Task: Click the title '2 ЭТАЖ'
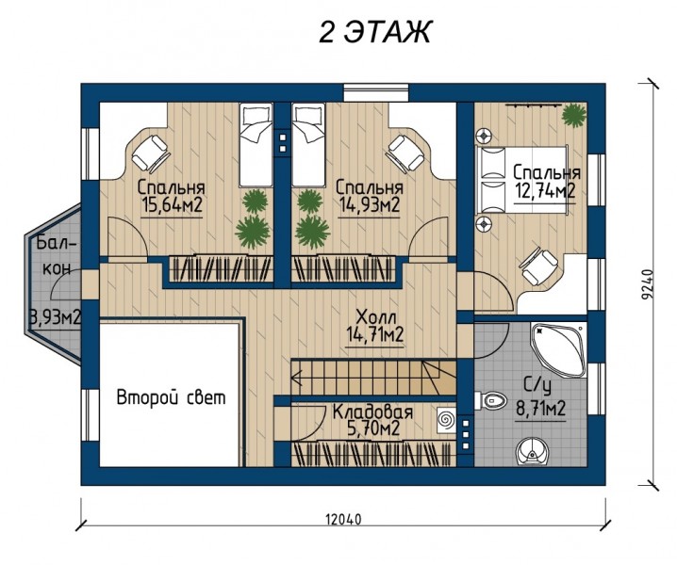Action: [x=374, y=31]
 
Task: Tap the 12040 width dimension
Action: [x=343, y=519]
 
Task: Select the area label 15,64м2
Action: [x=172, y=205]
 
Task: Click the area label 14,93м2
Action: [x=370, y=205]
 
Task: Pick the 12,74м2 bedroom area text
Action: [x=545, y=190]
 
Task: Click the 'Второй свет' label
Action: [x=172, y=397]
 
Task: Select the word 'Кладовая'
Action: [x=372, y=412]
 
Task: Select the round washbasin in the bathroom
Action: [x=531, y=452]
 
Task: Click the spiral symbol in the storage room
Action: [x=445, y=420]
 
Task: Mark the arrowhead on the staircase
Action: [x=297, y=379]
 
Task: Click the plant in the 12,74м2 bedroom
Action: [x=574, y=115]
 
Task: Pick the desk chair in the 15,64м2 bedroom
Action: [x=150, y=153]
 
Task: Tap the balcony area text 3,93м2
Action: [x=55, y=318]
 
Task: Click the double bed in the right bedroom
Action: [x=522, y=180]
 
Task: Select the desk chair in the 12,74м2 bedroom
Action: [x=538, y=266]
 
